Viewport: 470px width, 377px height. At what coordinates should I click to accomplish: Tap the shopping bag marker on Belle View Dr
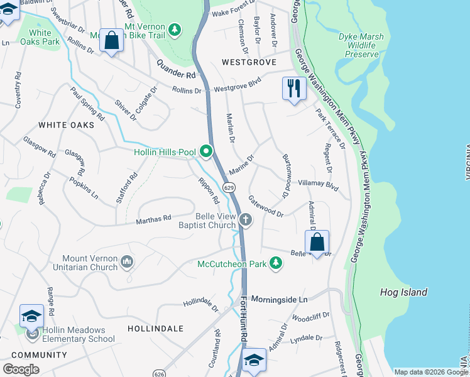click(317, 242)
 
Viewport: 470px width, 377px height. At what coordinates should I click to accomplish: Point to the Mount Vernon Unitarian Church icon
click(127, 261)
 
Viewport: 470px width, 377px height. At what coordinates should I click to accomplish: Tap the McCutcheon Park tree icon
click(275, 263)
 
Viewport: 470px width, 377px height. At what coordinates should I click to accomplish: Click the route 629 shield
click(230, 187)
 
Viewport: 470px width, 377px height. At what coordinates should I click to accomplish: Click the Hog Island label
click(403, 292)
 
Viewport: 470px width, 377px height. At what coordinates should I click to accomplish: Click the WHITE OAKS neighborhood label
click(66, 125)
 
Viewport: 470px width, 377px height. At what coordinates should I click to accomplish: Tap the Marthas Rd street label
click(154, 219)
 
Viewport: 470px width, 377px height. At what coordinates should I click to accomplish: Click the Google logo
click(21, 369)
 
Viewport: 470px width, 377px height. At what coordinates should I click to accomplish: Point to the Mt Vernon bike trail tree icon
click(175, 29)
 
